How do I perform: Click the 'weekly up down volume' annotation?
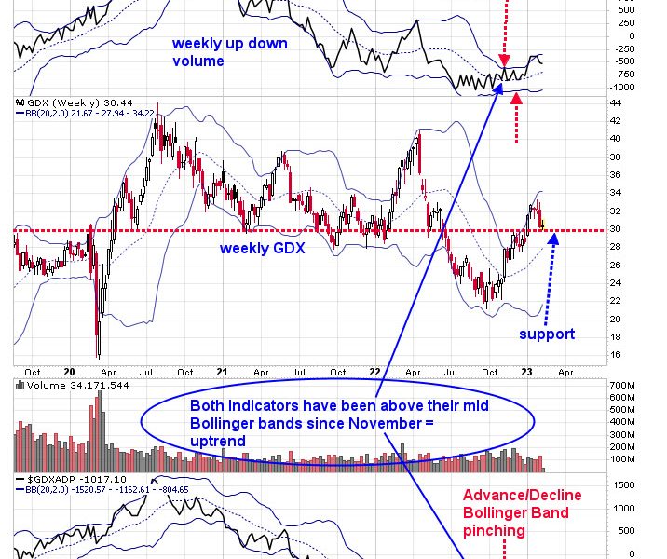[229, 52]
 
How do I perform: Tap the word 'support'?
[548, 334]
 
